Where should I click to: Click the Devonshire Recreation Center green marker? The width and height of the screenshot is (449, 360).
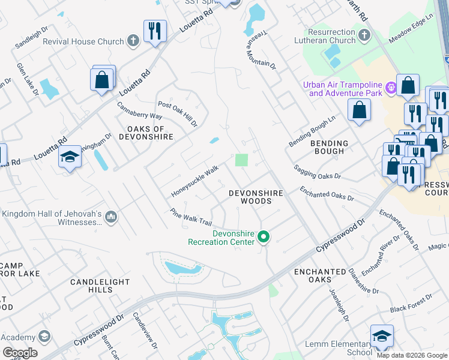pos(263,238)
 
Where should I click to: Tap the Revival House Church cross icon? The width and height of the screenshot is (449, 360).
pos(133,41)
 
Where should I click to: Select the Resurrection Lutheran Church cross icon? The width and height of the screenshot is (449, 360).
pos(363,36)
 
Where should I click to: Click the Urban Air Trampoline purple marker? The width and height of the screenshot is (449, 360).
pos(391,88)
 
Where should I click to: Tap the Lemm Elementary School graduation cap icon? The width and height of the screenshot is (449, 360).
pos(382,337)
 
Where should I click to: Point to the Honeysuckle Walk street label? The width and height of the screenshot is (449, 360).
pos(194,182)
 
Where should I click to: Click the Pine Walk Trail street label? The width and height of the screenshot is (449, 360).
pos(191,217)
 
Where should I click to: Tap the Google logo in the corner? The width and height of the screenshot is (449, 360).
pos(20,353)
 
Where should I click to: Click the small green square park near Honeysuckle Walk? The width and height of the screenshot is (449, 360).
pos(241,160)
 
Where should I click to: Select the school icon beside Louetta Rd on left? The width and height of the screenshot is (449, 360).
pos(70,157)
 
